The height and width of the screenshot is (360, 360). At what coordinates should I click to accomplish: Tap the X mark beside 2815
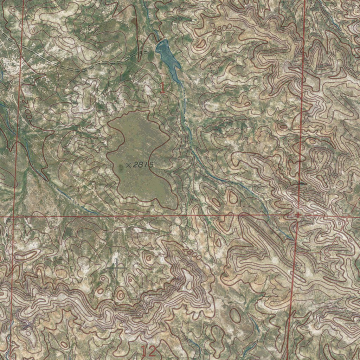tap(129, 165)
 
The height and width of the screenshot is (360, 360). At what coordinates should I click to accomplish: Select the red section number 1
tap(162, 88)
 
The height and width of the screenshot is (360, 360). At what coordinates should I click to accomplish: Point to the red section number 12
tap(148, 351)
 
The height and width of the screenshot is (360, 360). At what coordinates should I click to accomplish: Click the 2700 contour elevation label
tap(27, 109)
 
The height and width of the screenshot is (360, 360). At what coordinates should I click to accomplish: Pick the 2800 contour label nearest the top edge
tap(222, 31)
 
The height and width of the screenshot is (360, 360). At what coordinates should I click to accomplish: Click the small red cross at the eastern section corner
tap(297, 215)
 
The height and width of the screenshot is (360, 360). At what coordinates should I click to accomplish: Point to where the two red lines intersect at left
tap(13, 217)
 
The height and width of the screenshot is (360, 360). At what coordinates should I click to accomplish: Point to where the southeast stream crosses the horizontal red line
tap(268, 215)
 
